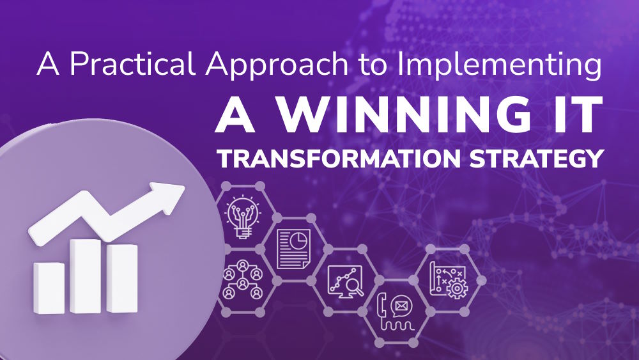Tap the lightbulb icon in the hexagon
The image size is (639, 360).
(x=243, y=216)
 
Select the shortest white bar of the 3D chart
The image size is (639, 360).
(x=49, y=288)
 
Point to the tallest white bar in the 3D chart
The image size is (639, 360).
(x=86, y=275)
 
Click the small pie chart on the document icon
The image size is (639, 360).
(x=297, y=240)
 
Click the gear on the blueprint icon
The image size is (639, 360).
(x=456, y=288)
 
